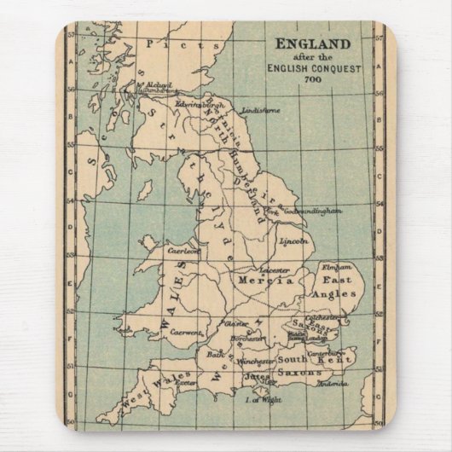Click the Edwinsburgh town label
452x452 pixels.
[x=198, y=102]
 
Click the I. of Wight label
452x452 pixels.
[x=258, y=399]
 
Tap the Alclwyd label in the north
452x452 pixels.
[x=157, y=85]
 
